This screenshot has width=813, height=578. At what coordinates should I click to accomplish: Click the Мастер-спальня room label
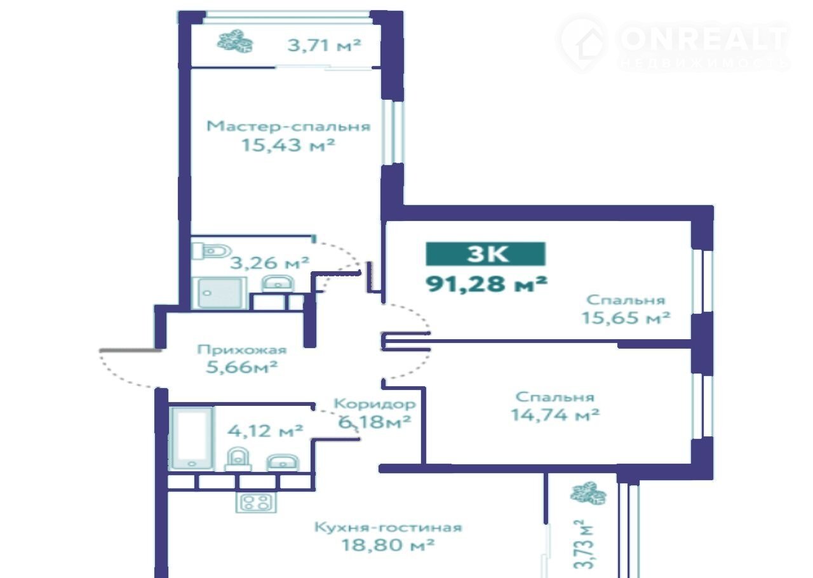click(288, 126)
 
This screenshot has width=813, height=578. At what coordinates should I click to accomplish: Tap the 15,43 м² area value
click(288, 145)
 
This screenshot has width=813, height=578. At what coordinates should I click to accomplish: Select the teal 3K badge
click(486, 254)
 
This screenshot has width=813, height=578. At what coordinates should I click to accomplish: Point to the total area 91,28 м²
click(487, 284)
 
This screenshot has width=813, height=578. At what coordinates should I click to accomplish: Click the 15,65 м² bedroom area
click(626, 318)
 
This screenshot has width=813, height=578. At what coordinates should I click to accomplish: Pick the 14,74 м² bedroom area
click(555, 415)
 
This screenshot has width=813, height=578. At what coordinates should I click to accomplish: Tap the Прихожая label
click(242, 350)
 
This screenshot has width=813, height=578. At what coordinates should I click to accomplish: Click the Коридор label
click(375, 404)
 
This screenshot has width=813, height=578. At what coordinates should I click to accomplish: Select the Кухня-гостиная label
click(387, 527)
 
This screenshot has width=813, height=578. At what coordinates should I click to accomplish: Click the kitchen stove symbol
click(256, 502)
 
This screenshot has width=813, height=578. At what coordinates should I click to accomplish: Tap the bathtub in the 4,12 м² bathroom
click(192, 438)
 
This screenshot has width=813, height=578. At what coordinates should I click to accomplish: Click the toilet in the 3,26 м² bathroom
click(212, 251)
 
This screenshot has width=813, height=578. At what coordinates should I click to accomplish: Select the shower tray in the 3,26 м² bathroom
click(220, 293)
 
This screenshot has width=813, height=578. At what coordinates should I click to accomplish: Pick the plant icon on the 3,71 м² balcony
click(235, 43)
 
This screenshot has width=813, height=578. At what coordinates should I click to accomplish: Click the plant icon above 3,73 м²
click(588, 494)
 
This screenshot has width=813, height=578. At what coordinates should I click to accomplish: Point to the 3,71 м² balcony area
click(324, 45)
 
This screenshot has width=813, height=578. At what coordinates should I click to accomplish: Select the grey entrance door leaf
click(130, 351)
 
